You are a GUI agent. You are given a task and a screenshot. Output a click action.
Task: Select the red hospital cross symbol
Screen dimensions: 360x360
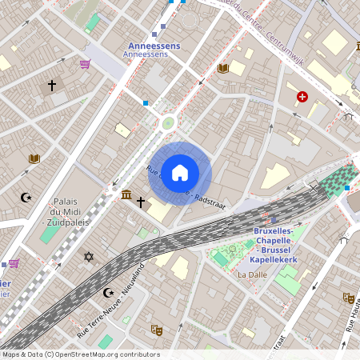click(x=302, y=97)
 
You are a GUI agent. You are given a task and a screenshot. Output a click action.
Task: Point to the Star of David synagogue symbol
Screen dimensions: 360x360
click(x=88, y=257)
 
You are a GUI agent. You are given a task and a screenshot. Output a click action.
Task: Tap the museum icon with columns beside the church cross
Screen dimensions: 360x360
click(x=126, y=194)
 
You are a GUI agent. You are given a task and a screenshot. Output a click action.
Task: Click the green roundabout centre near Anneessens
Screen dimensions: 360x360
click(x=168, y=122)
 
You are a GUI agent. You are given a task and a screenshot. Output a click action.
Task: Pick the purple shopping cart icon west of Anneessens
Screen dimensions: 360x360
click(x=85, y=64)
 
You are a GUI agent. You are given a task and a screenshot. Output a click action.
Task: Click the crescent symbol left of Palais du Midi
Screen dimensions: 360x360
click(x=26, y=197)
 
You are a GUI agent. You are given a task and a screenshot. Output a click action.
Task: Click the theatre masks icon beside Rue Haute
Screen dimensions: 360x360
click(x=348, y=298)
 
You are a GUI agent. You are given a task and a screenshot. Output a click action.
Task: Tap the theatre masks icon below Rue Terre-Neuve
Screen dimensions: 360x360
click(x=158, y=329)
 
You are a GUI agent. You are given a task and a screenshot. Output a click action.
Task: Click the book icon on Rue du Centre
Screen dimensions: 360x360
click(x=222, y=69)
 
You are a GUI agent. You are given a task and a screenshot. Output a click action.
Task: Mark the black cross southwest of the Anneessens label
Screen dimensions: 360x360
click(x=52, y=84)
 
